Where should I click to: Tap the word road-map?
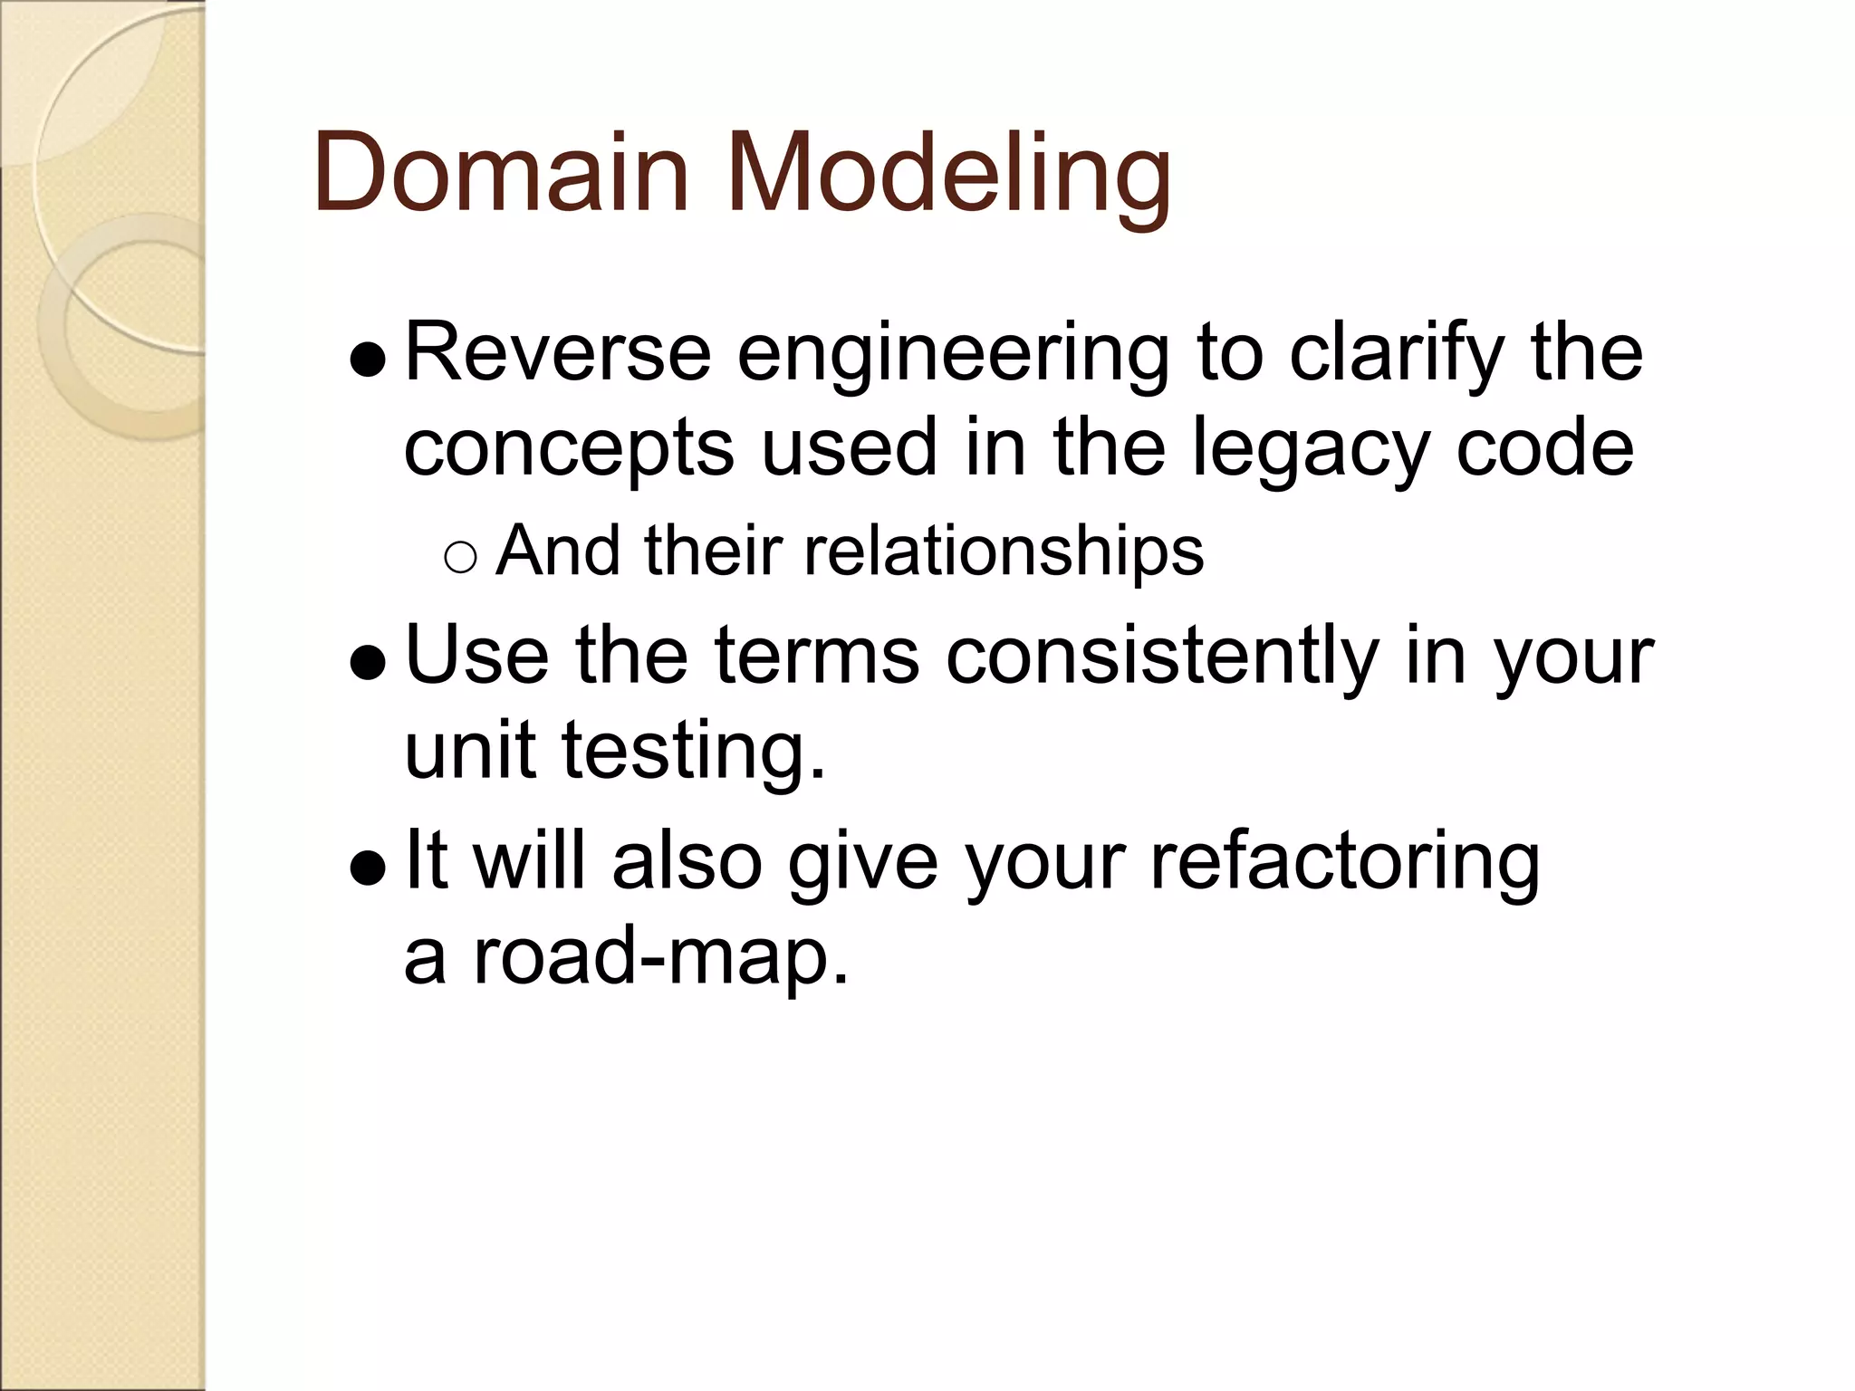[660, 956]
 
